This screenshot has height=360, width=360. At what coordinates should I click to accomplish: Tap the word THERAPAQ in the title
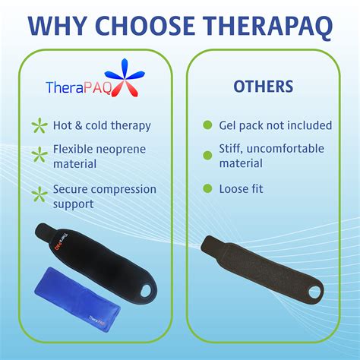pos(271,25)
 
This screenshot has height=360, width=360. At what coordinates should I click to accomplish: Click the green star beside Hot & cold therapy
pos(36,125)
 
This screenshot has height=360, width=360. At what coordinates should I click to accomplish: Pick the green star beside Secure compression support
pos(36,195)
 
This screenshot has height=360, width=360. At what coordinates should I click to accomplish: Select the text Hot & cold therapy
pos(100,125)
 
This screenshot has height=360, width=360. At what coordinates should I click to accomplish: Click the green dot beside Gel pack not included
pos(207,125)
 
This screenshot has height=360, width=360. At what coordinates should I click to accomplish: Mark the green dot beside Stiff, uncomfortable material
pos(207,155)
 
